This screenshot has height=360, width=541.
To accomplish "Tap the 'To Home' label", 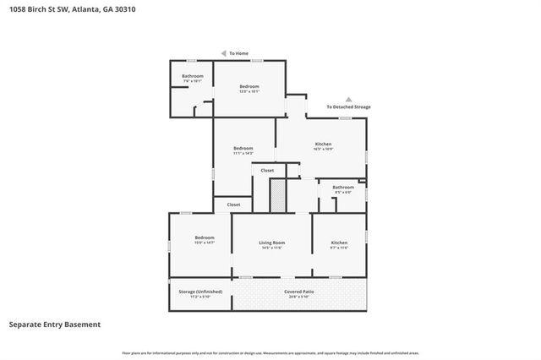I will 239,53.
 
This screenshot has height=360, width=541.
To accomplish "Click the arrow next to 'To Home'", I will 223,53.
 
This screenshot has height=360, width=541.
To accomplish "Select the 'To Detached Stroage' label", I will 348,106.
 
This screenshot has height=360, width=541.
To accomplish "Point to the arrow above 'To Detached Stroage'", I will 348,99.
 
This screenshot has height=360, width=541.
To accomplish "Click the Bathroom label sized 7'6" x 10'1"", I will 192,77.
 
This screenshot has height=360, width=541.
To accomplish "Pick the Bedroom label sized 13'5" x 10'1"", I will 249,87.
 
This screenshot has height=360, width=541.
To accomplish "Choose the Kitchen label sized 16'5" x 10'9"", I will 323,145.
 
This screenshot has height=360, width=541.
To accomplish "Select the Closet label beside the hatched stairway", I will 267,171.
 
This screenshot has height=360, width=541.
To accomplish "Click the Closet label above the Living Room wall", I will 233,205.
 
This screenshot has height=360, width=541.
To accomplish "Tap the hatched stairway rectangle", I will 276,197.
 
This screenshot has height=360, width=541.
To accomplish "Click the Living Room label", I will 271,243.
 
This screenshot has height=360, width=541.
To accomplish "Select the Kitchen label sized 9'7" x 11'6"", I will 339,243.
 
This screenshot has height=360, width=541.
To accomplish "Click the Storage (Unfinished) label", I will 200,292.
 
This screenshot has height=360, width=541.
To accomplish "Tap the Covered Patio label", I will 299,292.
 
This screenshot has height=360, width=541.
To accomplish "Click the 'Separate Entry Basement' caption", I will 55,325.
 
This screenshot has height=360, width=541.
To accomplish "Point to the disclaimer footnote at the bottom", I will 270,352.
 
